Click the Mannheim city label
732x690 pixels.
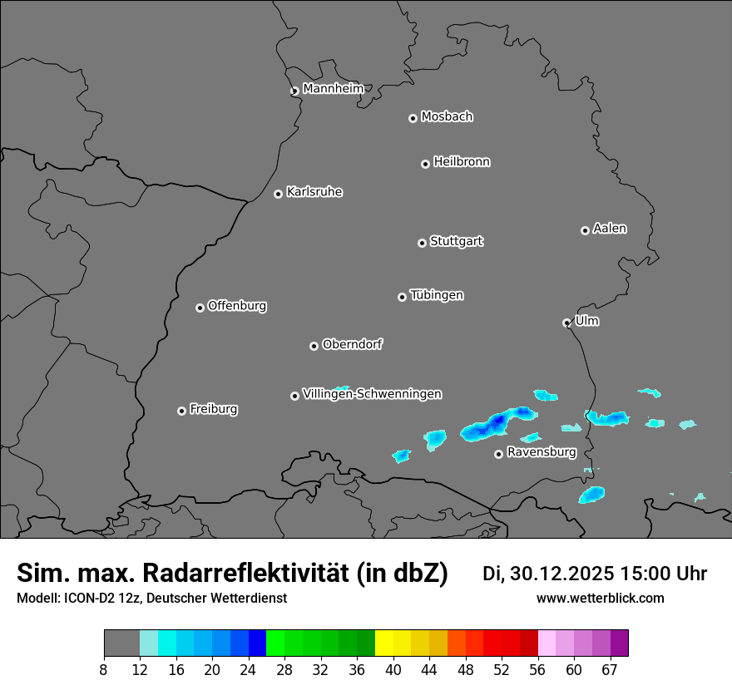333,89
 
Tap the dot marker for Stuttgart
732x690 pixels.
422,243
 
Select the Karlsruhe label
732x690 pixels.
314,192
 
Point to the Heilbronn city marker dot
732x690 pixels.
425,164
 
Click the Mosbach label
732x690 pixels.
447,117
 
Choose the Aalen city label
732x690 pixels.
610,229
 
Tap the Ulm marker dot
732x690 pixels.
566,323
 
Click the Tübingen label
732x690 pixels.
437,295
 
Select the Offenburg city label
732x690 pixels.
237,306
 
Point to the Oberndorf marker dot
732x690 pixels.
314,346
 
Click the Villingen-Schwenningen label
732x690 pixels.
372,394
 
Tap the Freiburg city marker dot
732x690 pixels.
181,411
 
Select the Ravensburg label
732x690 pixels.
542,452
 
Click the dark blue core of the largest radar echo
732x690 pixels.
498,421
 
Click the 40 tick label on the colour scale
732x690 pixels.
393,670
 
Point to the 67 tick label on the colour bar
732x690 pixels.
610,670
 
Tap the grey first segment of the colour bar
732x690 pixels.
121,643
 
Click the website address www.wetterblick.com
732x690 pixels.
600,599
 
